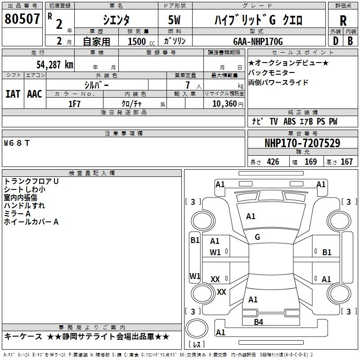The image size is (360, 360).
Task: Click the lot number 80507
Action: (x=22, y=19)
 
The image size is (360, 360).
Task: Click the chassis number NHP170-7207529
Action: (x=302, y=144)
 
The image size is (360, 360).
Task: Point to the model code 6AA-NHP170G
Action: (x=258, y=41)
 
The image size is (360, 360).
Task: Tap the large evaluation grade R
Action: (x=343, y=21)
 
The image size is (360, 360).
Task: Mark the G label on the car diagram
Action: (x=257, y=237)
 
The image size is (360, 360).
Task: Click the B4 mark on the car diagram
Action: (x=258, y=322)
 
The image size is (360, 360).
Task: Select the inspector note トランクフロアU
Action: (x=31, y=181)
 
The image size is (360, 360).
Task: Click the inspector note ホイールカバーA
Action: (x=31, y=221)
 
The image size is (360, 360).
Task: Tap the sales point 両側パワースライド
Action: (x=272, y=83)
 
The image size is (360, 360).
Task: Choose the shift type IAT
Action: (x=13, y=94)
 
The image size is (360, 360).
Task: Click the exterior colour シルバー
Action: (x=96, y=85)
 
